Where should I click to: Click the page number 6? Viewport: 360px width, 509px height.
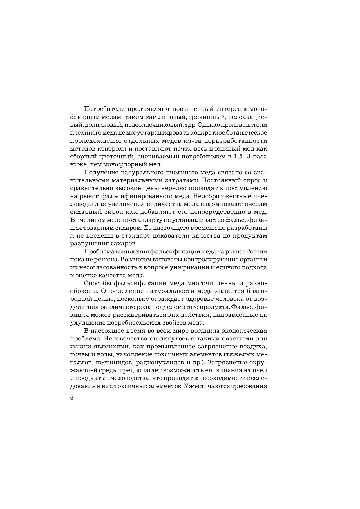(72, 398)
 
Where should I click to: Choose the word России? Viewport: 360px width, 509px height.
(257, 251)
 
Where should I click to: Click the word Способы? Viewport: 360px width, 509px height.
(97, 283)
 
